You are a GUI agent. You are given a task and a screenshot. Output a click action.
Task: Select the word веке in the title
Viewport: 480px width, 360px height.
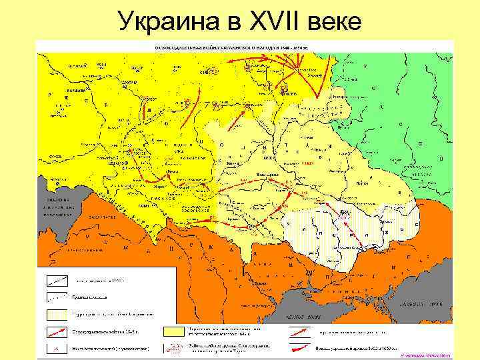pyautogui.click(x=335, y=23)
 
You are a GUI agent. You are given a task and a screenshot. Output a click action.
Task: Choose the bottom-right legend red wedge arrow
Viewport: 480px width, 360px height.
pyautogui.click(x=303, y=347)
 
